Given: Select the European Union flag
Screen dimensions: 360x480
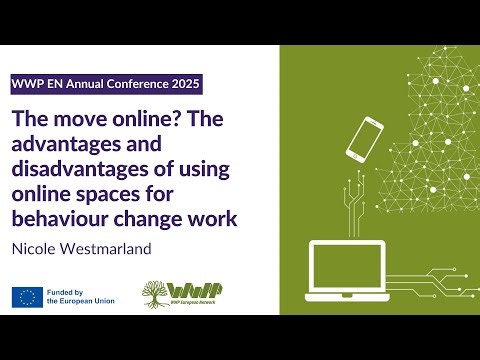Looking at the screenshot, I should point(27,297).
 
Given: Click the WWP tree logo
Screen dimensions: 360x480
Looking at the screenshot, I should point(160,296).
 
